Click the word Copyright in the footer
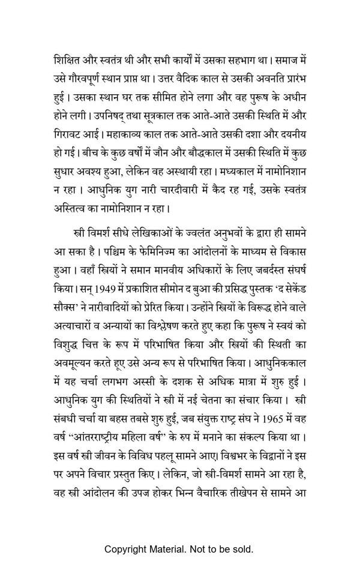coord(128,549)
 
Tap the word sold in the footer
coord(243,549)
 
